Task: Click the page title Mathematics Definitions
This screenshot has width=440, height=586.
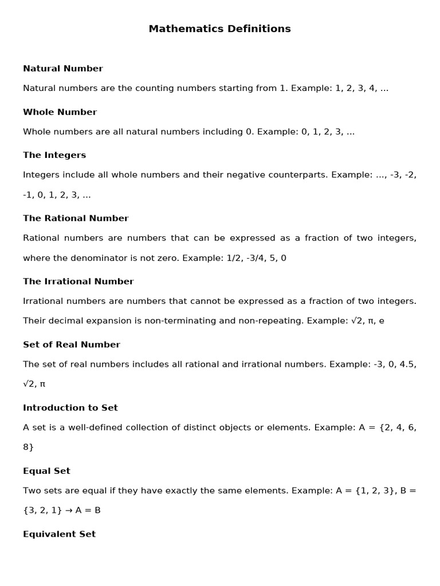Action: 219,29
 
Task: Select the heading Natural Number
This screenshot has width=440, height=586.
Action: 63,69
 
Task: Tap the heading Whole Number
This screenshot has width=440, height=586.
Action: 60,112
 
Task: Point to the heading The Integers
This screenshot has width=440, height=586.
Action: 54,155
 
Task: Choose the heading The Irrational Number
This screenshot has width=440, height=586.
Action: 78,282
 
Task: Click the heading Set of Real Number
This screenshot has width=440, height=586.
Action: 72,345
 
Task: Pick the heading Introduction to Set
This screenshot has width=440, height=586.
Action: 70,408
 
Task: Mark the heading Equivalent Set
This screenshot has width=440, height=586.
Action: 59,534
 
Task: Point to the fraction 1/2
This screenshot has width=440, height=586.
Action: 233,258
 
